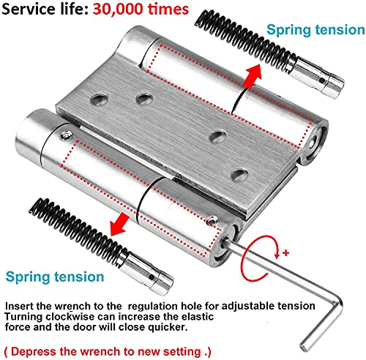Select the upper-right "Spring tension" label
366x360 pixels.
[x=314, y=31]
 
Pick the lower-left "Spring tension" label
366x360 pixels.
[x=56, y=277]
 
